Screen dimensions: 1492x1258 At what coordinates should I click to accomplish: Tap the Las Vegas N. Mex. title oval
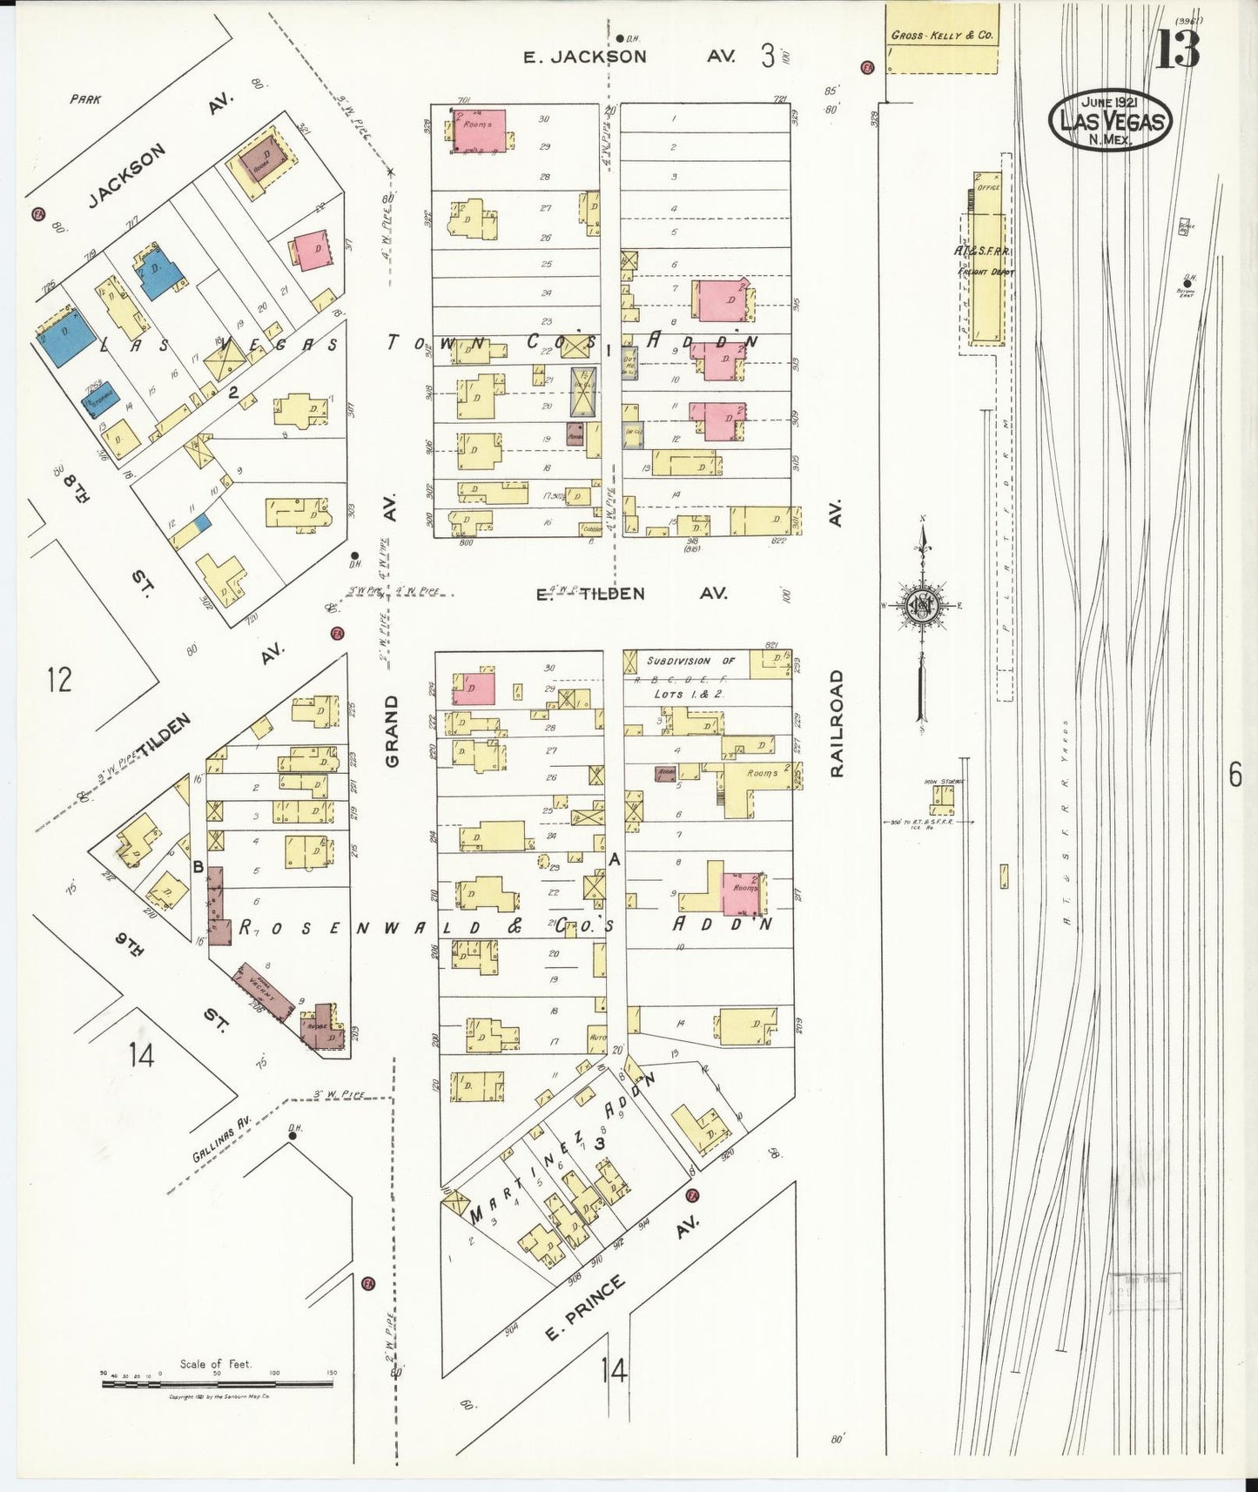pyautogui.click(x=1110, y=121)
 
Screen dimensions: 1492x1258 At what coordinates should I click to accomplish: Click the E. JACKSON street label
pyautogui.click(x=584, y=57)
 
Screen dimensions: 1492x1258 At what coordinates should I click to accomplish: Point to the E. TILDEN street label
pyautogui.click(x=589, y=594)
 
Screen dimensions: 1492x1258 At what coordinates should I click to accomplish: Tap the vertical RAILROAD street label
pyautogui.click(x=838, y=722)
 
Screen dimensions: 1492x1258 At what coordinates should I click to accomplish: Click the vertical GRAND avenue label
pyautogui.click(x=391, y=730)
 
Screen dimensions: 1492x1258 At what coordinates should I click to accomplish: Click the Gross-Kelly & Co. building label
pyautogui.click(x=942, y=37)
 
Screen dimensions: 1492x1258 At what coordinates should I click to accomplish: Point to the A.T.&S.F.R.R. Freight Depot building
pyautogui.click(x=986, y=261)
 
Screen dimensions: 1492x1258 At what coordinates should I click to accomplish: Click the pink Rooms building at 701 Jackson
pyautogui.click(x=479, y=131)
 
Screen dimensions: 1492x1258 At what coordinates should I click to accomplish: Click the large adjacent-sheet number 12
pyautogui.click(x=59, y=678)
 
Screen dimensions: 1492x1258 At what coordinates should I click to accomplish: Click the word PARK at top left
pyautogui.click(x=85, y=99)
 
